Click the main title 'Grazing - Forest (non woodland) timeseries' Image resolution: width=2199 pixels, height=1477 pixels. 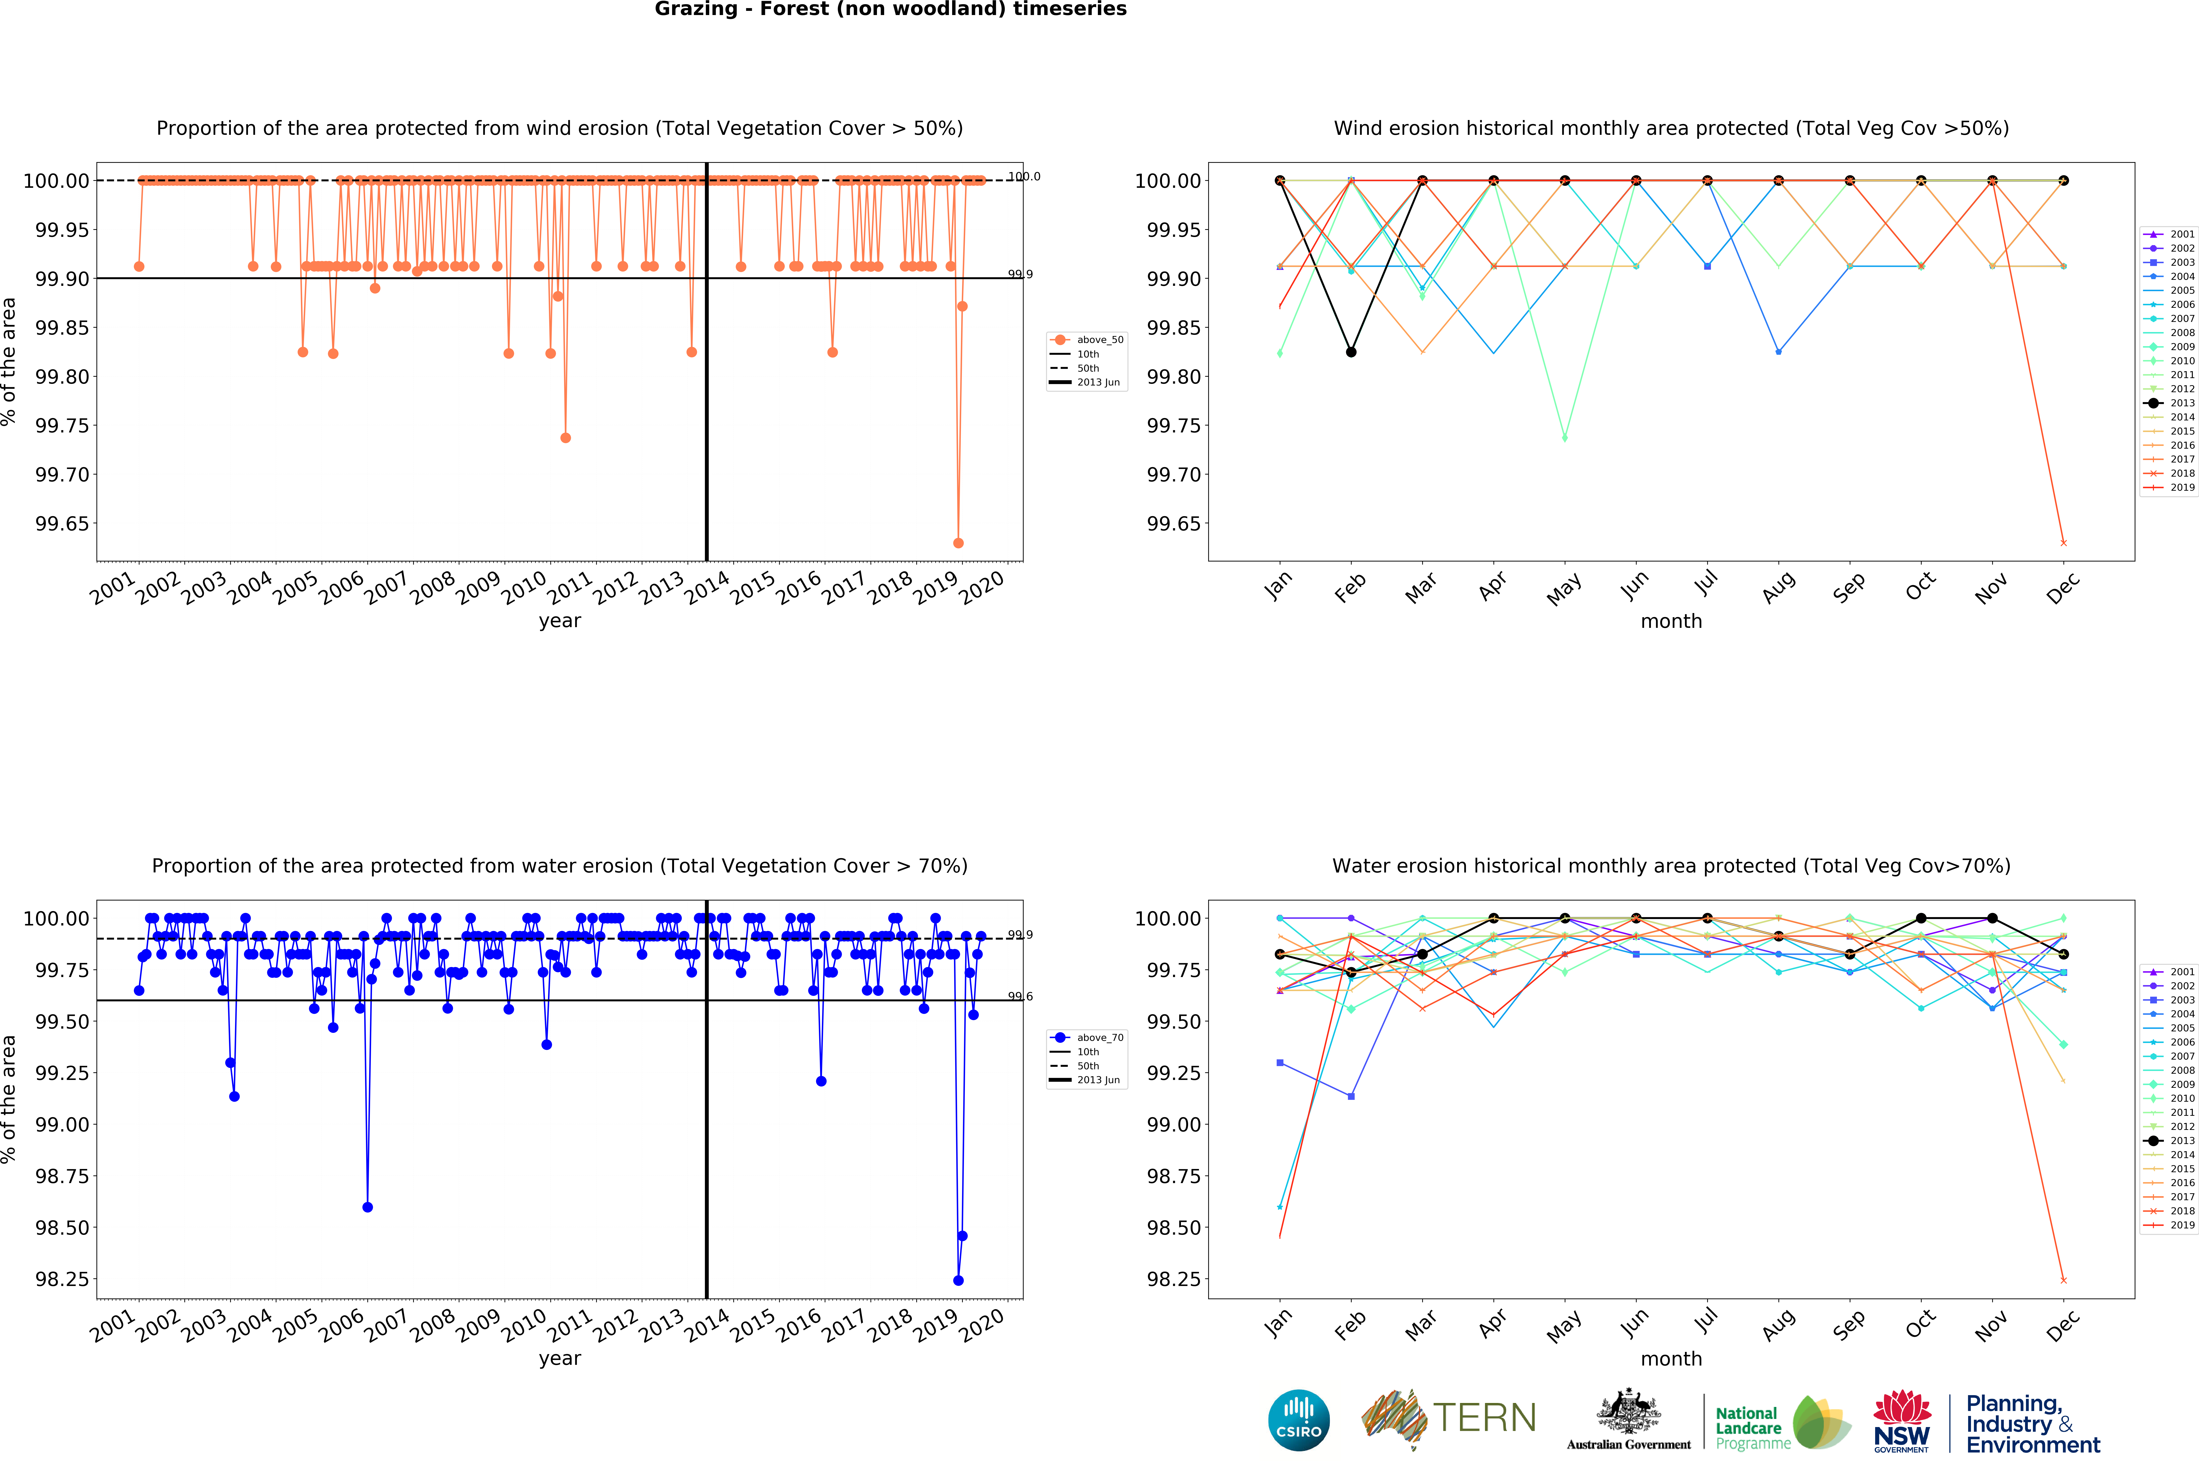[x=890, y=9]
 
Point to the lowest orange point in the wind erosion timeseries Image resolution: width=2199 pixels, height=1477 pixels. [x=958, y=543]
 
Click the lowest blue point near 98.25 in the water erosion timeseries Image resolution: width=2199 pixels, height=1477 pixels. [x=958, y=1280]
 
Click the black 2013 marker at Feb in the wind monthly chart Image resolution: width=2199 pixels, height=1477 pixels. [x=1351, y=352]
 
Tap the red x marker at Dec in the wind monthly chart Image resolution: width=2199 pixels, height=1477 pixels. [x=2063, y=543]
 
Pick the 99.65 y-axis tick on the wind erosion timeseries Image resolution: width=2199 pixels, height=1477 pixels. [x=62, y=524]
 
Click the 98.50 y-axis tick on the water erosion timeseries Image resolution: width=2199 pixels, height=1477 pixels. [x=62, y=1227]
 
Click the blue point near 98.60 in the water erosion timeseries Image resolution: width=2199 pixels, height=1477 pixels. [x=367, y=1207]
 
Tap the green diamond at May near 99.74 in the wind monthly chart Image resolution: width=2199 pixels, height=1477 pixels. [x=1564, y=438]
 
